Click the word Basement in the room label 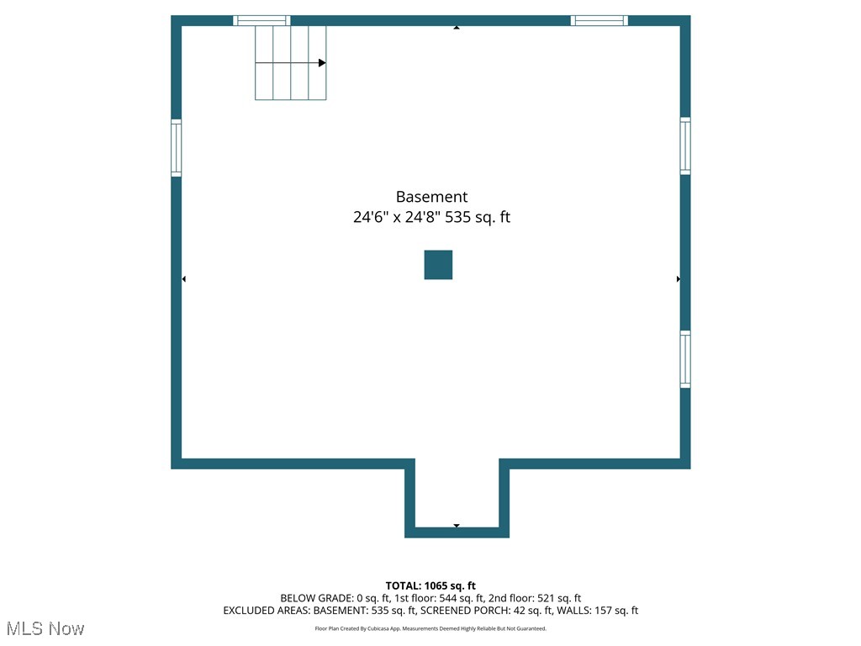tap(431, 197)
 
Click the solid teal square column tap(438, 265)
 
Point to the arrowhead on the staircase tap(322, 63)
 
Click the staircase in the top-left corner tap(290, 63)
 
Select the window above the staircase tap(261, 20)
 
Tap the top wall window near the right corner tap(600, 20)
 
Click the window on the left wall tap(177, 147)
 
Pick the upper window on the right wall tap(685, 146)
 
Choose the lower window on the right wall tap(685, 359)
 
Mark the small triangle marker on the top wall tap(457, 28)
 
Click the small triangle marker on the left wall tap(184, 278)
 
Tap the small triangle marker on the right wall tap(679, 278)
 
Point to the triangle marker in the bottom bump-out tap(457, 526)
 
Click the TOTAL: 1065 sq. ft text tap(430, 585)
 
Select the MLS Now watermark tap(45, 628)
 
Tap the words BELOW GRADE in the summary tap(316, 598)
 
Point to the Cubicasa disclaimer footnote tap(430, 628)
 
